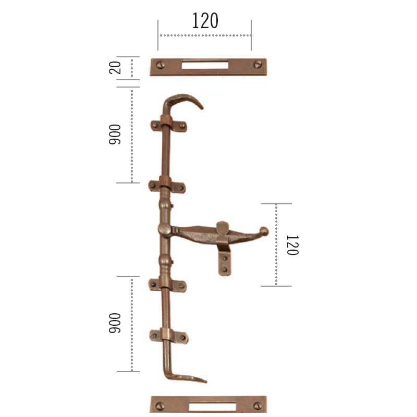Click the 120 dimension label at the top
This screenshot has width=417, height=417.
click(x=205, y=20)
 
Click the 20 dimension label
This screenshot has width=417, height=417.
click(x=115, y=68)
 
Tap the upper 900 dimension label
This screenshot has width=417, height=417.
click(x=115, y=134)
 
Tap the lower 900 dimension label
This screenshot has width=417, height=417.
click(x=115, y=323)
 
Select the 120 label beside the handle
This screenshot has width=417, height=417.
click(x=292, y=245)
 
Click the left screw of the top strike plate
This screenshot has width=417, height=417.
click(x=160, y=65)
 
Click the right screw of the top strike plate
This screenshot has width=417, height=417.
click(x=257, y=64)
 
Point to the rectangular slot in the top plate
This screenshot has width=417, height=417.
click(x=205, y=65)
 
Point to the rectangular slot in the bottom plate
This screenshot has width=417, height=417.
click(x=212, y=407)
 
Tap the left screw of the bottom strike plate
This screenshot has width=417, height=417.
click(x=160, y=406)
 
